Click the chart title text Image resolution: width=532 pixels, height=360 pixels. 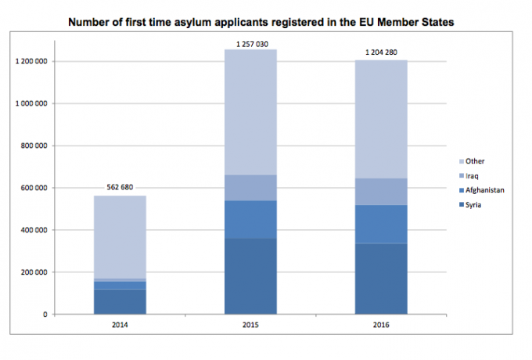[261, 22]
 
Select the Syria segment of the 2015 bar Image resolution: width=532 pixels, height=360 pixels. [250, 276]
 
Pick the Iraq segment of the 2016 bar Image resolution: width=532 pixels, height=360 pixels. [381, 192]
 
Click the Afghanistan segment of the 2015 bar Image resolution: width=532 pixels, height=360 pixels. [250, 220]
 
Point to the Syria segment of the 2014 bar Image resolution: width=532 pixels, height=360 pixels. [120, 302]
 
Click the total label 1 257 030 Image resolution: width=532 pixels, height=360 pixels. [250, 44]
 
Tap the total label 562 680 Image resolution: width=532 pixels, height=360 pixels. [120, 188]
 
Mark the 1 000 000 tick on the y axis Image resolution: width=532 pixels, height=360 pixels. [34, 103]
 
